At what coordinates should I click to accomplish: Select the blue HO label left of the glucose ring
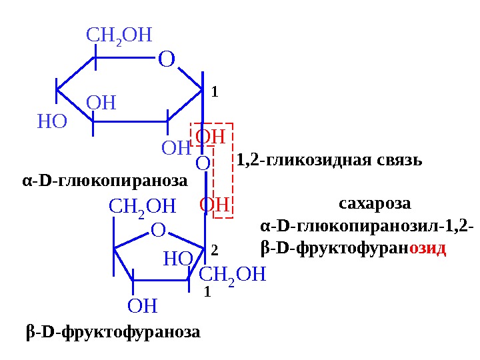[x=52, y=122]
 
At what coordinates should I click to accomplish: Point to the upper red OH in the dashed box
[x=210, y=137]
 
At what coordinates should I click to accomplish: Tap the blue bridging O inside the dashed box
[x=203, y=163]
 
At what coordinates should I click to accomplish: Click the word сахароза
[x=375, y=202]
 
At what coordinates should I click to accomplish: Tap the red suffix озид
[x=427, y=249]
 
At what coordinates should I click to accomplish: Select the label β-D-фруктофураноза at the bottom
[x=113, y=331]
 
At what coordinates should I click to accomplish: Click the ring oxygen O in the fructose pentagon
[x=158, y=231]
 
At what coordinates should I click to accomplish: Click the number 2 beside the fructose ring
[x=214, y=250]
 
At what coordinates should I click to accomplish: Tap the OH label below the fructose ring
[x=142, y=306]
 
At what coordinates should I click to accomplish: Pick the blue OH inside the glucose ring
[x=101, y=103]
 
